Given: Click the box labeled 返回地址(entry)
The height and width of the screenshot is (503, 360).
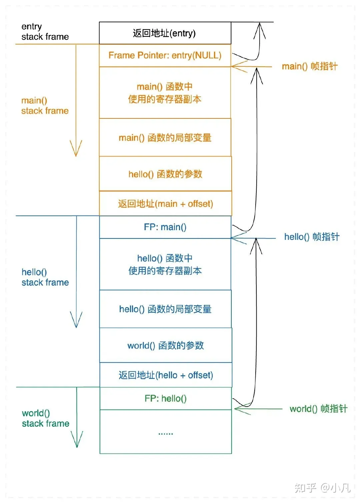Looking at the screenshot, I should tap(165, 33).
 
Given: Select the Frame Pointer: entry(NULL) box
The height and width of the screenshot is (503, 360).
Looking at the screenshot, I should tap(165, 55).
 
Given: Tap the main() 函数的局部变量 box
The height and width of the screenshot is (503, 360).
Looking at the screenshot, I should tap(165, 137).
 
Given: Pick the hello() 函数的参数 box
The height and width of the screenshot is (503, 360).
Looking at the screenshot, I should tap(165, 174).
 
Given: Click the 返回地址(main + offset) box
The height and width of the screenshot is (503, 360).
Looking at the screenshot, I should tap(165, 203).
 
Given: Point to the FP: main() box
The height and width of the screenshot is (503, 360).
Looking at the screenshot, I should tap(165, 227).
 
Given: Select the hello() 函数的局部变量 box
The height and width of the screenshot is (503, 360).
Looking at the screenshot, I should tap(165, 309).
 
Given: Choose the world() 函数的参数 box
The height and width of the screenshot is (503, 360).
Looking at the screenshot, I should tap(165, 345).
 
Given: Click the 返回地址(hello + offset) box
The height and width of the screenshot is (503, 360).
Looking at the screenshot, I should tap(165, 375).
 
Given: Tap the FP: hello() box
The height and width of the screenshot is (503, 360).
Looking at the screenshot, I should tap(165, 398).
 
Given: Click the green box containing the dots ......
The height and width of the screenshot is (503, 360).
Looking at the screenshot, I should tap(165, 432).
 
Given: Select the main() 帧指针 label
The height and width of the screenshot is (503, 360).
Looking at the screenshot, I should tap(309, 66).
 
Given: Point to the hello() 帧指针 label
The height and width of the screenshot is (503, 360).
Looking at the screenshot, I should tap(311, 237).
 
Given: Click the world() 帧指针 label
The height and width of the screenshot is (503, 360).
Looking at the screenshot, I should tap(318, 409).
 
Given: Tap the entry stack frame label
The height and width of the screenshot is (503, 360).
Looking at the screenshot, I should tap(45, 32).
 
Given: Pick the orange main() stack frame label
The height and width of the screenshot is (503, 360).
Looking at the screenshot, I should tap(45, 105).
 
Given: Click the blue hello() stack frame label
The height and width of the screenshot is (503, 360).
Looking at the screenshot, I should tap(45, 277).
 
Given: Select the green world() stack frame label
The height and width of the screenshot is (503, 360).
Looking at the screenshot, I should tap(45, 418).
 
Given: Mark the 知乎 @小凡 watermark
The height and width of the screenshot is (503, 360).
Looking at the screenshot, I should tap(322, 488).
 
